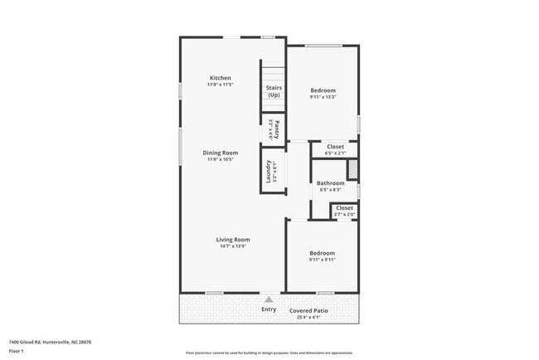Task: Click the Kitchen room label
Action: click(x=220, y=78)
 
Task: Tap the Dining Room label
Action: click(x=221, y=153)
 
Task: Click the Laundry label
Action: click(x=269, y=171)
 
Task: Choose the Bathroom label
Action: click(x=330, y=182)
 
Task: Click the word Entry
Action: click(x=269, y=309)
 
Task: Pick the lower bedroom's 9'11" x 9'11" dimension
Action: click(x=323, y=260)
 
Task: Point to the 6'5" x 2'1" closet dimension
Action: click(x=335, y=153)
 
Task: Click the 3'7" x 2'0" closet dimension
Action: click(x=344, y=214)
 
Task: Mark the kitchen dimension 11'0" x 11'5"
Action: click(x=220, y=85)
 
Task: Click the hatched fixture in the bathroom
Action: click(x=352, y=169)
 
